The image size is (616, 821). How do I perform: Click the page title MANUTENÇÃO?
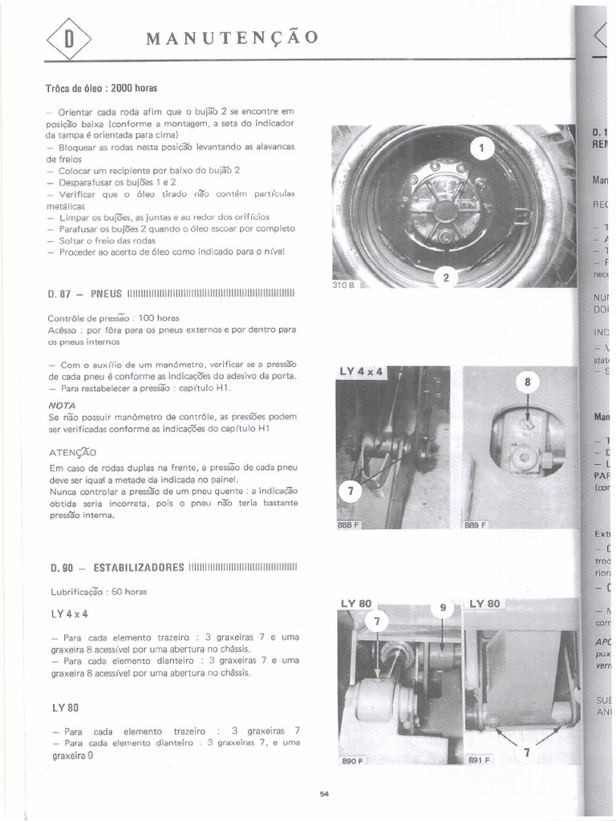[232, 38]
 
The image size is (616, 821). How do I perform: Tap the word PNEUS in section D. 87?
[107, 293]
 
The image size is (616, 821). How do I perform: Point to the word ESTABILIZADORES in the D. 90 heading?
[139, 567]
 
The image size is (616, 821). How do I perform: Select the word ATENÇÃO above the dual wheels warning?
[72, 451]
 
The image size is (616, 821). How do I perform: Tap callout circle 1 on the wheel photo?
[481, 147]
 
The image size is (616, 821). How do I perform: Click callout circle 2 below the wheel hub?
[446, 277]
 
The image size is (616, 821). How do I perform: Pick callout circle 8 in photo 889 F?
[527, 382]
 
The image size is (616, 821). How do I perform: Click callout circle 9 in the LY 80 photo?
[442, 609]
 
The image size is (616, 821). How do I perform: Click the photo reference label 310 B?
[342, 285]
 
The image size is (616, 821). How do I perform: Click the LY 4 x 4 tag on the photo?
[363, 372]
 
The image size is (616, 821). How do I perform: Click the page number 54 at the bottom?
[324, 794]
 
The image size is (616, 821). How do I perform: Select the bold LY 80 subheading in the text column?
[65, 708]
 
